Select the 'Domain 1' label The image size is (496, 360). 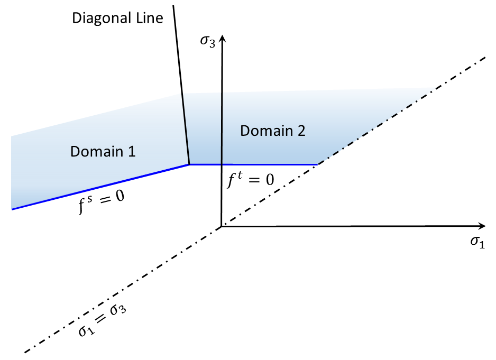(x=103, y=152)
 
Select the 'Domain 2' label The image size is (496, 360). (x=272, y=131)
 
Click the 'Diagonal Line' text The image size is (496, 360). (x=117, y=17)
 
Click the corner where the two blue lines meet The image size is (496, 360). (x=190, y=164)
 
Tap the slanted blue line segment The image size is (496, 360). (x=100, y=187)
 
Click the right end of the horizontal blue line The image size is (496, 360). (x=317, y=164)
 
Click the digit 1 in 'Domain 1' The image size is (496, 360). (x=132, y=152)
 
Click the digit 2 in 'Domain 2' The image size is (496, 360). (x=300, y=131)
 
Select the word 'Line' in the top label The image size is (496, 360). (x=151, y=17)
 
